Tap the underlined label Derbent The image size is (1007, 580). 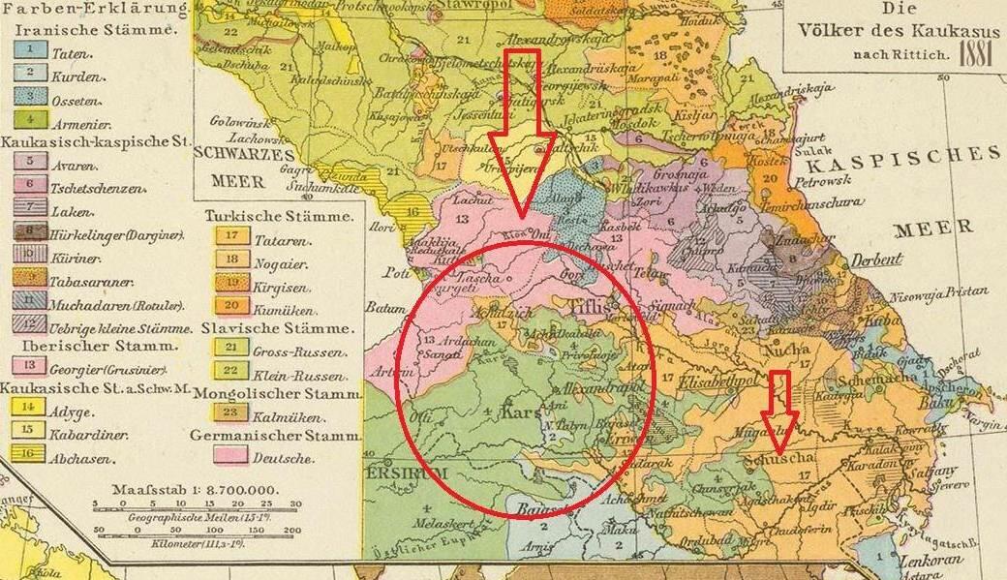[877, 259]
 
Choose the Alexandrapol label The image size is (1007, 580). [580, 385]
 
